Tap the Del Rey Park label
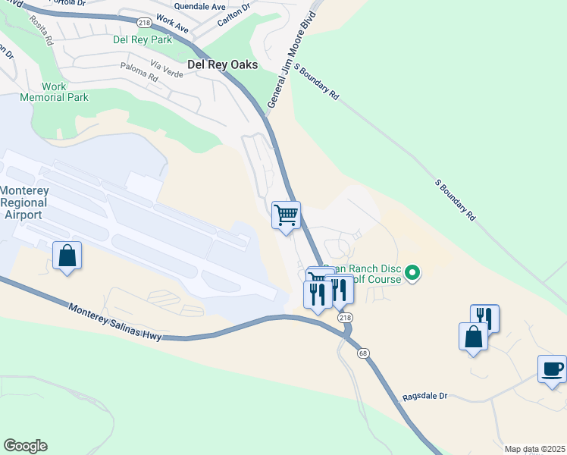click(143, 39)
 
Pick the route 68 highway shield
click(363, 353)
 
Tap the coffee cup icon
click(552, 369)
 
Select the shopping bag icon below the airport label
click(67, 256)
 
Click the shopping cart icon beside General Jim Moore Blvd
click(286, 215)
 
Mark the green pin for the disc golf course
click(412, 272)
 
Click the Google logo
click(25, 446)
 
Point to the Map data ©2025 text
click(534, 449)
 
